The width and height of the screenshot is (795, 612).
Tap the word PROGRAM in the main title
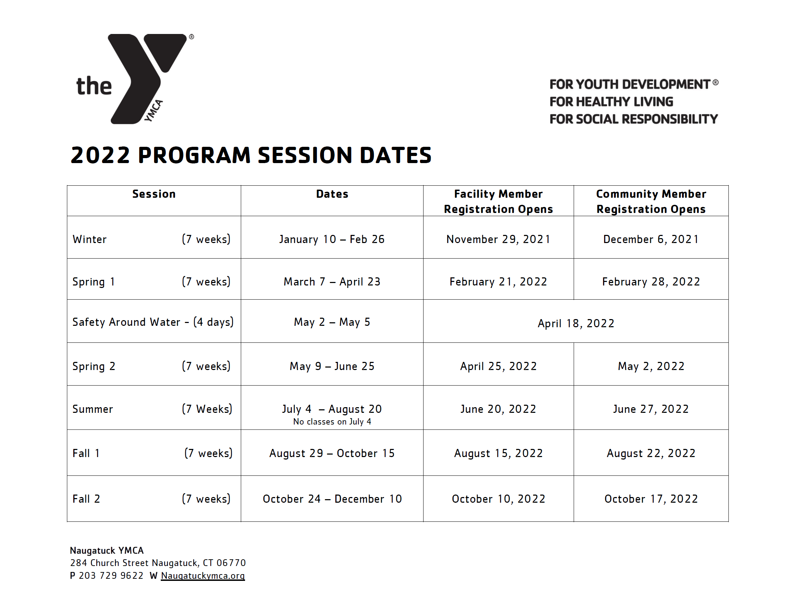[x=194, y=155]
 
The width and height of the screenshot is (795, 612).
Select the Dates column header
[x=332, y=194]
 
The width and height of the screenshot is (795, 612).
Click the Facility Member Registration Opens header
[x=498, y=201]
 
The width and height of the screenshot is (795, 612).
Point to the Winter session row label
[x=90, y=239]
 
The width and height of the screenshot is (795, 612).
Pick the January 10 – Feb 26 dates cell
[x=332, y=239]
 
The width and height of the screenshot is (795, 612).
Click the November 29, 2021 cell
[x=498, y=239]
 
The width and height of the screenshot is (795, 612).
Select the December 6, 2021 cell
[x=651, y=239]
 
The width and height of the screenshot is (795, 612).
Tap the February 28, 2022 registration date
[x=651, y=282]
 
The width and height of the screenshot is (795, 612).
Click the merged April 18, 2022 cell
[x=576, y=323]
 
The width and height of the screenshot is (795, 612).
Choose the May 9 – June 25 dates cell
[x=332, y=366]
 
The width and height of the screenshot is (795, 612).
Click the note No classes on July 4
[x=332, y=421]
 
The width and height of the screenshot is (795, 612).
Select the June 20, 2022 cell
[x=498, y=409]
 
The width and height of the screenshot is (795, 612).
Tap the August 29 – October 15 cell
[x=332, y=454]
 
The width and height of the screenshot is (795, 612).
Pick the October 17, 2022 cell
[x=651, y=499]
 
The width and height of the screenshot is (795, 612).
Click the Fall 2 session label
[x=86, y=499]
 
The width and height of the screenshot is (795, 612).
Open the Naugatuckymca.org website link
[x=203, y=576]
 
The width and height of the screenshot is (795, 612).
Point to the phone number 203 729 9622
[x=111, y=576]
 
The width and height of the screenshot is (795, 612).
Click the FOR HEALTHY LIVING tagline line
[x=611, y=102]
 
